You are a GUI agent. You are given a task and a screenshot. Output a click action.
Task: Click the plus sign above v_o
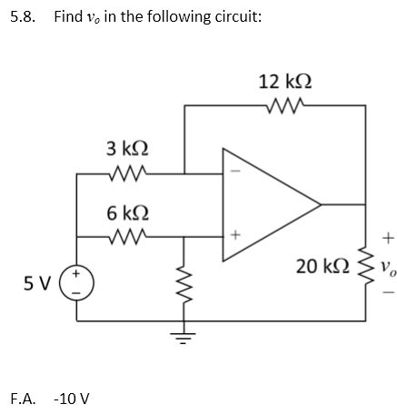(x=387, y=239)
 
